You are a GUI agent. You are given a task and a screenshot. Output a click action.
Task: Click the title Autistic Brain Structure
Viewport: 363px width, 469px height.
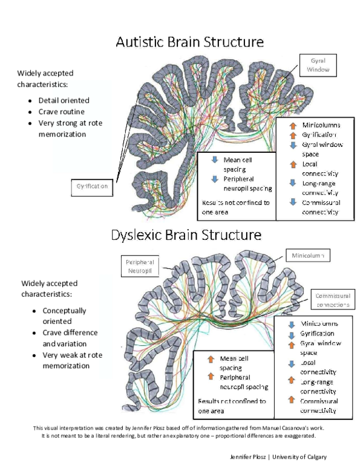pyautogui.click(x=189, y=42)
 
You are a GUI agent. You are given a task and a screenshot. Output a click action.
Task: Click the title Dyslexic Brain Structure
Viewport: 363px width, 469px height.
pyautogui.click(x=186, y=234)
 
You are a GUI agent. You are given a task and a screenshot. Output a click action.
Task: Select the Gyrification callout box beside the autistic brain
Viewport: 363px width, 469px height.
pyautogui.click(x=92, y=186)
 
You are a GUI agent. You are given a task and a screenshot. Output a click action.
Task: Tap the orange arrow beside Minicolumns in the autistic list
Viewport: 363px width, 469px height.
pyautogui.click(x=292, y=125)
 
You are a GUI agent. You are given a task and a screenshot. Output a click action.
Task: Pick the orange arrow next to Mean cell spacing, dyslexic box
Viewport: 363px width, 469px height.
pyautogui.click(x=211, y=358)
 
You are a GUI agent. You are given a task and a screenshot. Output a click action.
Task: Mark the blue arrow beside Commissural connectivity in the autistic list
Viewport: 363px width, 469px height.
pyautogui.click(x=292, y=202)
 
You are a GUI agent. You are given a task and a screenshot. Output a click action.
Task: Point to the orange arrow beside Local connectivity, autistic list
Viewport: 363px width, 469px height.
pyautogui.click(x=292, y=164)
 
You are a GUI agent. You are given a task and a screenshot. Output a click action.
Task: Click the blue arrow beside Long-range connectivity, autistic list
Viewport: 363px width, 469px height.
pyautogui.click(x=292, y=183)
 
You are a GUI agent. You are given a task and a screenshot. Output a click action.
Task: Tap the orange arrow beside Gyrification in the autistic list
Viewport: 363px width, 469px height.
pyautogui.click(x=292, y=135)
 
